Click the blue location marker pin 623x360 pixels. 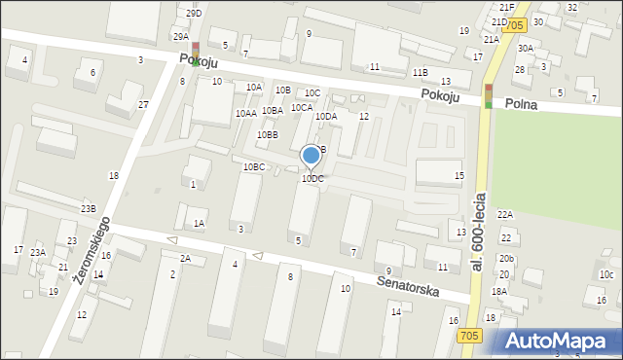(311, 156)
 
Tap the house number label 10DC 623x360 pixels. (312, 179)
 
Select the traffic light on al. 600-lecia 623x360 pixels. (489, 95)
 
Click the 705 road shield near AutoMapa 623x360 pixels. (469, 335)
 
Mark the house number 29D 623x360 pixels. (195, 13)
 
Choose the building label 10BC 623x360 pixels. (254, 167)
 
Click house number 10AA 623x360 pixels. (245, 114)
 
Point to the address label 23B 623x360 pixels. (89, 208)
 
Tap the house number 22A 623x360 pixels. (504, 214)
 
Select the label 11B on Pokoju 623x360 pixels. (420, 72)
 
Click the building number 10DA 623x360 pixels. (325, 117)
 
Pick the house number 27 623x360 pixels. (143, 104)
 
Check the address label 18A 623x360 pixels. (499, 291)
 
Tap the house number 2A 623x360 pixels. (185, 258)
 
